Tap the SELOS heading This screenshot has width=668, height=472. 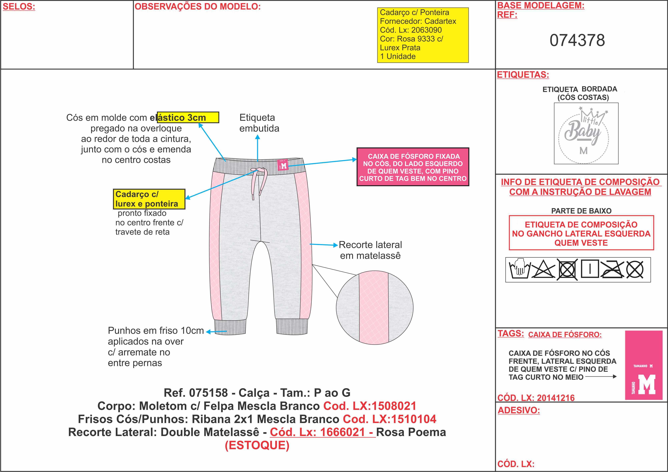19,7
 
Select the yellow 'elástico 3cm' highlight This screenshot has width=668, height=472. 188,117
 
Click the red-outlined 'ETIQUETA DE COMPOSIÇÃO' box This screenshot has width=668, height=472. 581,233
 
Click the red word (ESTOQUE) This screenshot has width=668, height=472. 257,445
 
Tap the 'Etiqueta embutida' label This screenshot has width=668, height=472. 259,123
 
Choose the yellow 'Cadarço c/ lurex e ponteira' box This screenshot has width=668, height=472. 149,199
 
